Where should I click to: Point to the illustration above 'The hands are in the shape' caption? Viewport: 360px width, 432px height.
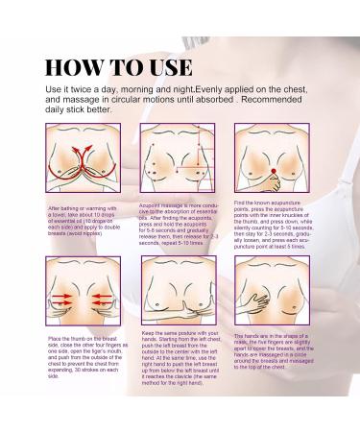pyautogui.click(x=272, y=294)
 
